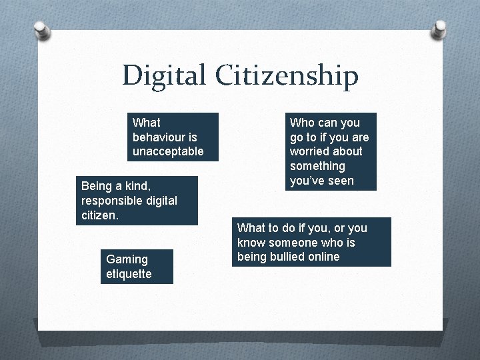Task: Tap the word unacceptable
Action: (168, 152)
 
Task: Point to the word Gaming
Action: (127, 259)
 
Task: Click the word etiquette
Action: (129, 273)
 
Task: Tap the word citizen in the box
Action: (100, 215)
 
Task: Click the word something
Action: (317, 166)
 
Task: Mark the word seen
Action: (341, 181)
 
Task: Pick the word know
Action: (251, 242)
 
